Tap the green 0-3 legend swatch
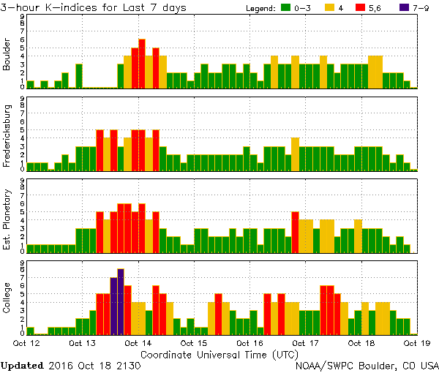pos(285,8)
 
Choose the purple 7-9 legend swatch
pos(403,8)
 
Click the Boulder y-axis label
pos(8,54)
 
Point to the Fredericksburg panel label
pos(8,135)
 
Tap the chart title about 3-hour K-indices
pos(93,7)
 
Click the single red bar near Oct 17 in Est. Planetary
pos(295,232)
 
